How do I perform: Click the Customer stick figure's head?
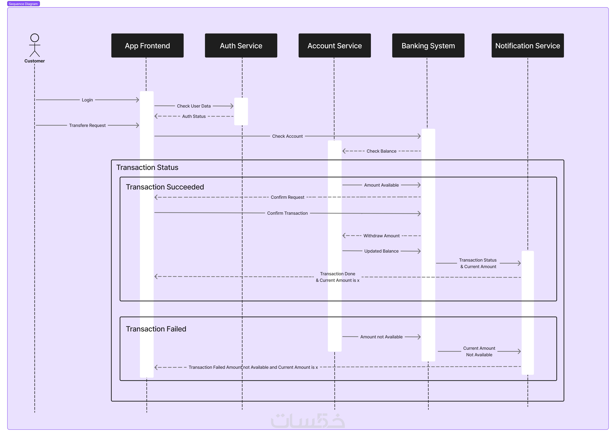(35, 38)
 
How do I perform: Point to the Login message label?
(87, 100)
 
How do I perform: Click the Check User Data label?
(194, 106)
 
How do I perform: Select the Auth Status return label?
(194, 116)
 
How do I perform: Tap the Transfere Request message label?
(87, 125)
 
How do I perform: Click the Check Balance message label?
(381, 151)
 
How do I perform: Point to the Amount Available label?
(381, 185)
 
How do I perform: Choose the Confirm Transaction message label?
(287, 213)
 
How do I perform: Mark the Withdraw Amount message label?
(381, 236)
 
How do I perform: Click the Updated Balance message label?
(381, 251)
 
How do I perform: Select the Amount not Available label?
(381, 337)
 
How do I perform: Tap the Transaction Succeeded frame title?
(165, 187)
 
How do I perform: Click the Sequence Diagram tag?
(23, 4)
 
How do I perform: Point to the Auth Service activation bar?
(241, 111)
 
